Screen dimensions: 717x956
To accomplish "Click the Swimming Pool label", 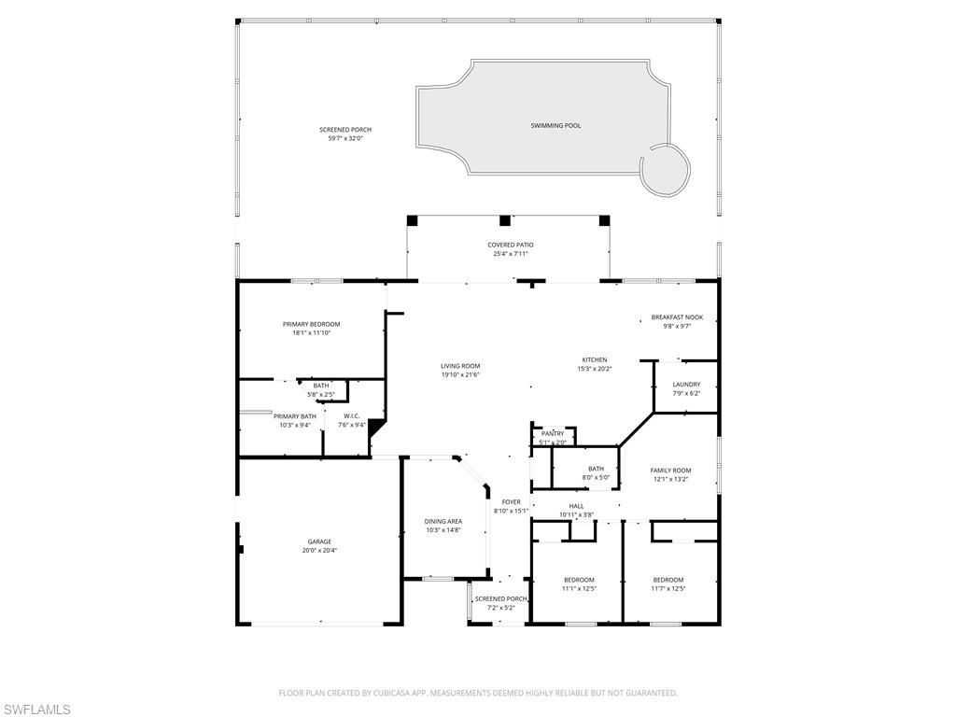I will (555, 125).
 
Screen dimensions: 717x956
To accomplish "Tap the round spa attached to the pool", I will (665, 169).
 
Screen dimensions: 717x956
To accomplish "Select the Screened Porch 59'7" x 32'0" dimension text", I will (344, 138).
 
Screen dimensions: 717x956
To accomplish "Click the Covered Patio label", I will (511, 245).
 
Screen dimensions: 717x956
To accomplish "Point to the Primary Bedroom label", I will (311, 324).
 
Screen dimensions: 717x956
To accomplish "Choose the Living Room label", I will (460, 366).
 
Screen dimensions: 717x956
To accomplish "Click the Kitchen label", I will (595, 359).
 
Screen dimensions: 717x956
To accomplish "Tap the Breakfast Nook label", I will (677, 317).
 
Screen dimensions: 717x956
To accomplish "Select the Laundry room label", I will (686, 385).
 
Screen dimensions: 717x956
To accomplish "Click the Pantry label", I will (553, 434).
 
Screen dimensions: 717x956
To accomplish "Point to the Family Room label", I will (670, 471).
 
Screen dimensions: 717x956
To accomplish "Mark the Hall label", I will (576, 506).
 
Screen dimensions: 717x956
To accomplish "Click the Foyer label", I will (511, 502).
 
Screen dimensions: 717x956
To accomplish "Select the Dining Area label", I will (443, 521).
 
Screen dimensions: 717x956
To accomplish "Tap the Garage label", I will (319, 541).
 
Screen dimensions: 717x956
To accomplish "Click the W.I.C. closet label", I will (352, 416).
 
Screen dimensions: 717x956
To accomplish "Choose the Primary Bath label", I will (294, 416).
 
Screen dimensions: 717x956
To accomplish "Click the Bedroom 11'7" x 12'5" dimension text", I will (668, 589).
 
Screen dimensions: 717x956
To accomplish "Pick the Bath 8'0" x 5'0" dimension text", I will (597, 478).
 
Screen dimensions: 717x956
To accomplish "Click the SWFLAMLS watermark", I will (36, 710).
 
